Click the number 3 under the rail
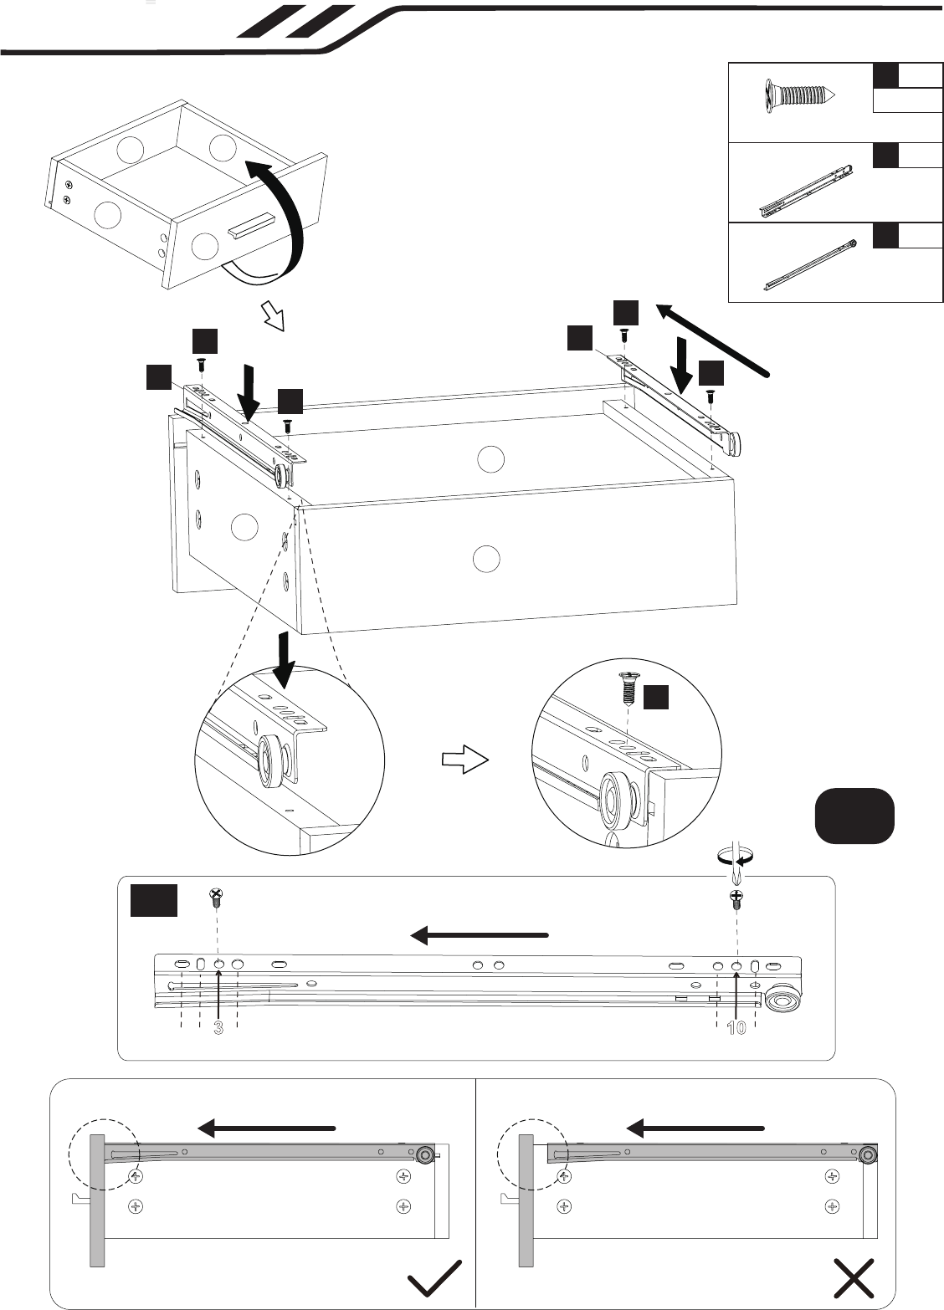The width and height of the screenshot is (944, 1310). [218, 1027]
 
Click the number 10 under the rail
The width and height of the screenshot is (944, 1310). [736, 1027]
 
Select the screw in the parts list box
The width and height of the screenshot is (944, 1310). [799, 95]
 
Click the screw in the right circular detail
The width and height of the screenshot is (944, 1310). [627, 688]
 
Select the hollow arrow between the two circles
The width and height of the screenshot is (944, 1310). [464, 760]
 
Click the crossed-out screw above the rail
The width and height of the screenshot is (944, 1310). [217, 897]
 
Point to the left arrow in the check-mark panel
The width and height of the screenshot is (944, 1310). [266, 1128]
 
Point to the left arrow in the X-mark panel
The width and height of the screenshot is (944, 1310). [695, 1128]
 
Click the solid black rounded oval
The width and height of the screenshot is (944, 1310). [854, 816]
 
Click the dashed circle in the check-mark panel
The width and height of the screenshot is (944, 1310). [104, 1154]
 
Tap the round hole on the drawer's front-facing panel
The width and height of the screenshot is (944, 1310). [486, 559]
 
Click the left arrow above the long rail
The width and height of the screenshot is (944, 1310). [480, 935]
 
